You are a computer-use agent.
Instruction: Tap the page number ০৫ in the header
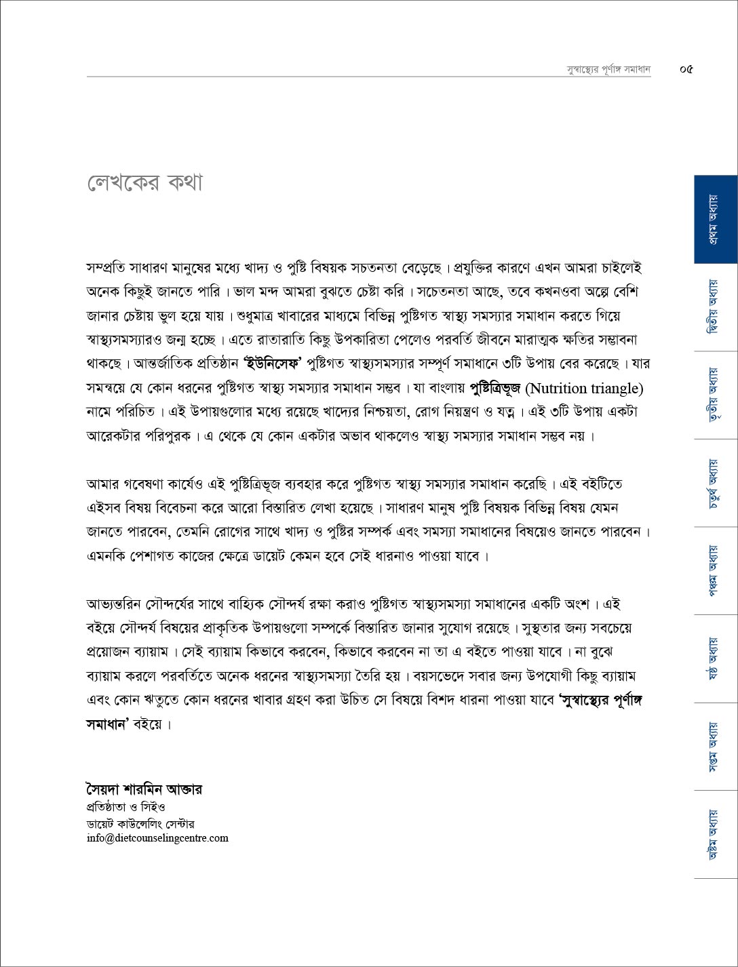[x=686, y=69]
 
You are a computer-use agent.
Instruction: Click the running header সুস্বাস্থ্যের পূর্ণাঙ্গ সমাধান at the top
[x=608, y=69]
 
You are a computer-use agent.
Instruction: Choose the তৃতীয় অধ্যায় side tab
[x=715, y=395]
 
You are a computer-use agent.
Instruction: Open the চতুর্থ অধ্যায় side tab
[x=715, y=483]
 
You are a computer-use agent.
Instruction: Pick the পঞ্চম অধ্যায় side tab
[x=715, y=570]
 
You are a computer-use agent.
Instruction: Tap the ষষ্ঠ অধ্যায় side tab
[x=715, y=658]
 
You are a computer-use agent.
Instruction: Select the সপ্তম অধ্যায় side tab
[x=715, y=747]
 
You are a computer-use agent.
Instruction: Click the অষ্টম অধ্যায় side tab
[x=715, y=834]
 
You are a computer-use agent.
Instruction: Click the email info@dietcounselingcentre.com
[x=157, y=838]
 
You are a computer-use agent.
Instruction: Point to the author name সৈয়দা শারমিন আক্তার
[x=144, y=789]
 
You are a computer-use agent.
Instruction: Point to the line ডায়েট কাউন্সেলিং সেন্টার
[x=140, y=824]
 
